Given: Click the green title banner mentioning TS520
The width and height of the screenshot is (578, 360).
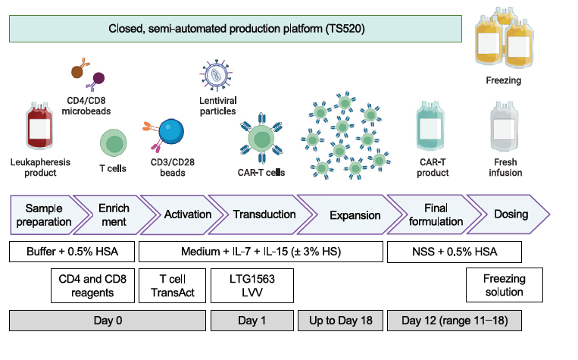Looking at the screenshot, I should (x=236, y=30).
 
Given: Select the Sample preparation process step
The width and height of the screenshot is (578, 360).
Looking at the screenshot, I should (x=48, y=214).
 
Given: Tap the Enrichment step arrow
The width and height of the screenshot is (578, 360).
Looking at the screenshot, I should (x=114, y=214).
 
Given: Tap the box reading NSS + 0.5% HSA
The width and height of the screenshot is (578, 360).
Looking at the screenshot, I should (x=443, y=252).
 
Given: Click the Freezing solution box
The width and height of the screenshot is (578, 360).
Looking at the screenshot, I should (x=504, y=285).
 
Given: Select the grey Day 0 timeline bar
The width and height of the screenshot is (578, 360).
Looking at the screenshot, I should (x=107, y=320).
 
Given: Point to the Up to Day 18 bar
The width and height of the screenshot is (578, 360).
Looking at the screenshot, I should (x=340, y=320).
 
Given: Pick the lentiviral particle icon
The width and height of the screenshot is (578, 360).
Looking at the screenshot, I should (x=218, y=77).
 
